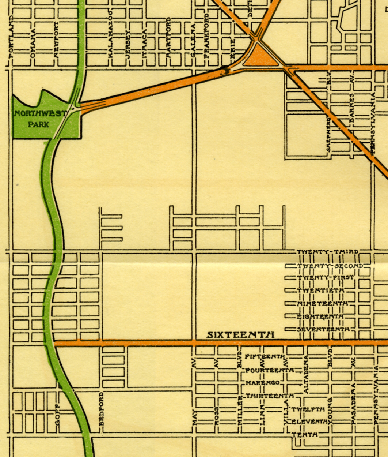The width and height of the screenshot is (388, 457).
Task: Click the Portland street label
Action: [x=11, y=37]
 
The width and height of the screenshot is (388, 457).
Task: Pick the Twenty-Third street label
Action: [x=327, y=252]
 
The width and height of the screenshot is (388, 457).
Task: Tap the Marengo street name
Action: [x=263, y=383]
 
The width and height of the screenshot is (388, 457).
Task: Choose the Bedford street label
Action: [x=102, y=409]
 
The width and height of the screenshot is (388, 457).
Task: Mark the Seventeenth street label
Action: [x=323, y=329]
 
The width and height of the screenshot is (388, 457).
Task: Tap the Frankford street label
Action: [x=207, y=35]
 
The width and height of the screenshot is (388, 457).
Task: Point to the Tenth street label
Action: [x=304, y=435]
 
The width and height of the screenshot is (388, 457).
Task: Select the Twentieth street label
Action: [x=320, y=291]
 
